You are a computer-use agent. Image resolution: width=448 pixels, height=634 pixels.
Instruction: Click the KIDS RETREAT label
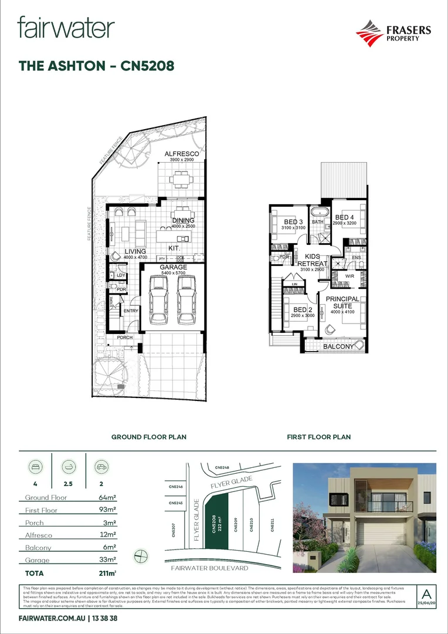point(313,260)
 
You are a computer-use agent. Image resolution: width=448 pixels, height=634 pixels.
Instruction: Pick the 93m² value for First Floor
point(107,510)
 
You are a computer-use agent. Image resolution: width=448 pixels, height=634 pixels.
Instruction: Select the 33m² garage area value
point(107,560)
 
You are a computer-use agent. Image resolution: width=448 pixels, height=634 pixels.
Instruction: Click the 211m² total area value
point(106,573)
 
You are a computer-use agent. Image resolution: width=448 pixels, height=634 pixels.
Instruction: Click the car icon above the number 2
point(101,467)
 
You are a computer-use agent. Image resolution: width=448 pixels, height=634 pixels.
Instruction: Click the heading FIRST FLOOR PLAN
point(318,437)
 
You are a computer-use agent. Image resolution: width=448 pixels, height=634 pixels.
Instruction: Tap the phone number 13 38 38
point(108,619)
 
